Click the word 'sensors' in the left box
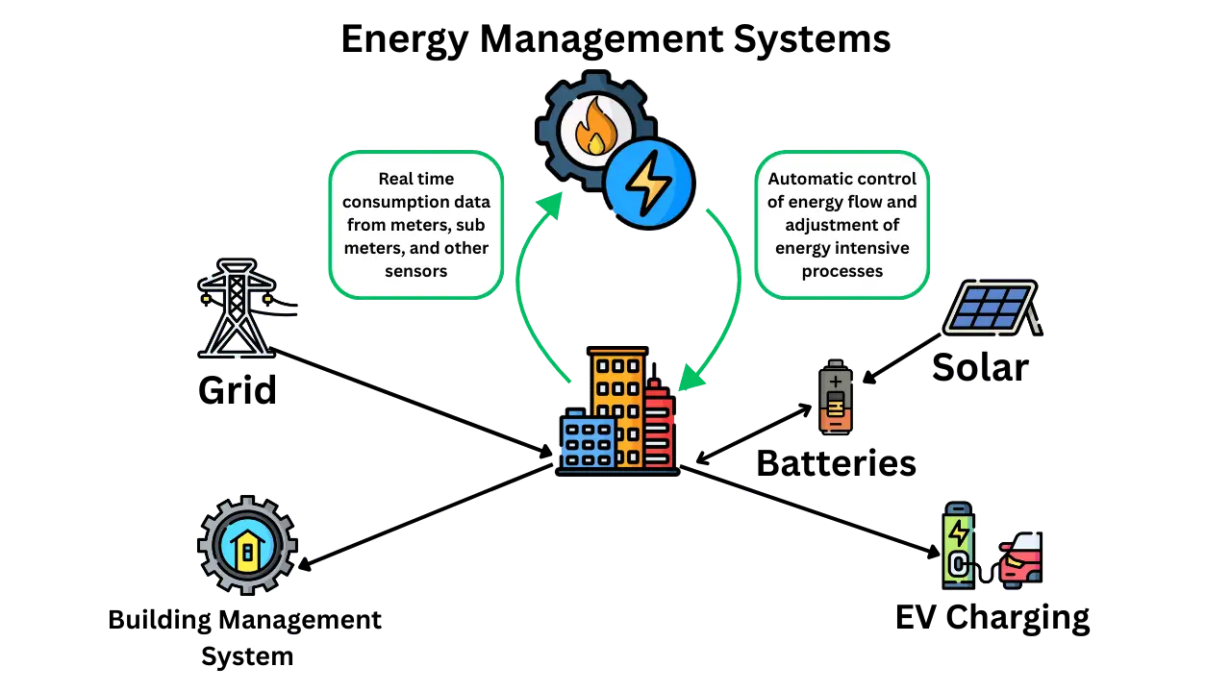[x=415, y=271]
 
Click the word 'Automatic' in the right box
[x=810, y=179]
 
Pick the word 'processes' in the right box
[x=842, y=271]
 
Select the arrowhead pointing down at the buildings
[x=689, y=381]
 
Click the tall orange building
[x=618, y=394]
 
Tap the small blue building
[x=589, y=443]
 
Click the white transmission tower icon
[x=237, y=309]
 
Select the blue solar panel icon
[x=991, y=308]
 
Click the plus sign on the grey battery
[x=835, y=382]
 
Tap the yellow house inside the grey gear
[x=248, y=550]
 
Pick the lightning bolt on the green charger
[x=958, y=531]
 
